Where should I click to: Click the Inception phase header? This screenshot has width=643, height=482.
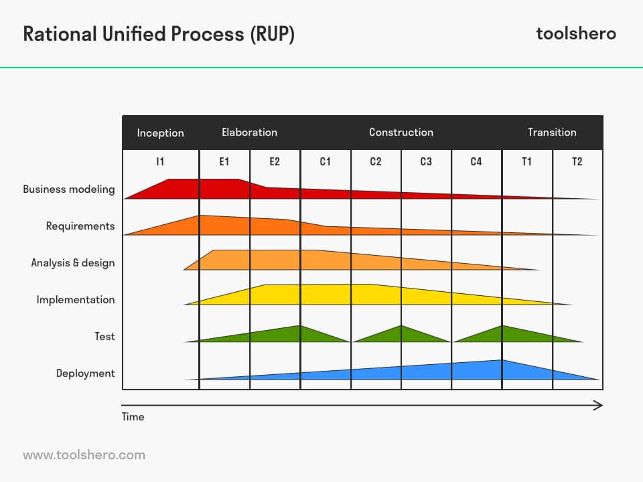pos(160,133)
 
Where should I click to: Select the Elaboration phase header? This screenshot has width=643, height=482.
pos(249,133)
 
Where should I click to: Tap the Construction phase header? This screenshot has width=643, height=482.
pos(401,133)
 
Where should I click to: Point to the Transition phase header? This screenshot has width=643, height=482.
pos(552,133)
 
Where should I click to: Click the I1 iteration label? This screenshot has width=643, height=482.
pos(160,161)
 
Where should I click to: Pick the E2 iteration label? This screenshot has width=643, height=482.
pos(275,161)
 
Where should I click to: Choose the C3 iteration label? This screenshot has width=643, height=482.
pos(426,161)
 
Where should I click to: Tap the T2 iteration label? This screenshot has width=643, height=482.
pos(577,161)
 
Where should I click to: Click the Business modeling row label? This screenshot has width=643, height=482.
pos(69,189)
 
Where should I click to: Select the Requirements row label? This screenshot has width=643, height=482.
pos(80,226)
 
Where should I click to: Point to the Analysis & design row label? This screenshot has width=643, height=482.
pos(73,263)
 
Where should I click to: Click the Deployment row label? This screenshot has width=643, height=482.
pos(85,374)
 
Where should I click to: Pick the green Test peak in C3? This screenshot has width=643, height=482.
pos(401,335)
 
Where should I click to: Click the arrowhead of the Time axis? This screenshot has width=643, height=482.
pos(598,406)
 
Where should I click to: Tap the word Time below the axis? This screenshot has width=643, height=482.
pos(133,417)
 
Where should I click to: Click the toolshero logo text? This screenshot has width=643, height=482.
pos(576,33)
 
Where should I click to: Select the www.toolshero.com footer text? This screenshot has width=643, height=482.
pos(84,455)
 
